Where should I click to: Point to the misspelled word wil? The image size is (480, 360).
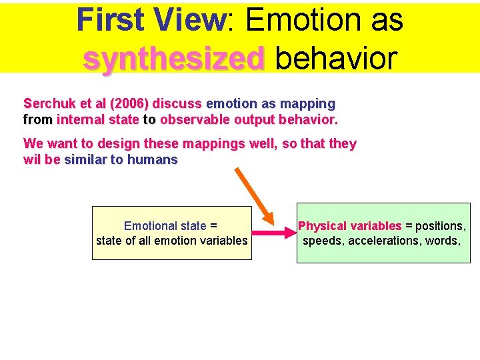(32, 160)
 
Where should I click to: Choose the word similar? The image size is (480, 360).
(86, 160)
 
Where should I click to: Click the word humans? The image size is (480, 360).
(153, 160)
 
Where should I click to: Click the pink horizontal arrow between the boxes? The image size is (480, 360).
(273, 233)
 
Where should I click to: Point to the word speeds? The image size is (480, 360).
(323, 241)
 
